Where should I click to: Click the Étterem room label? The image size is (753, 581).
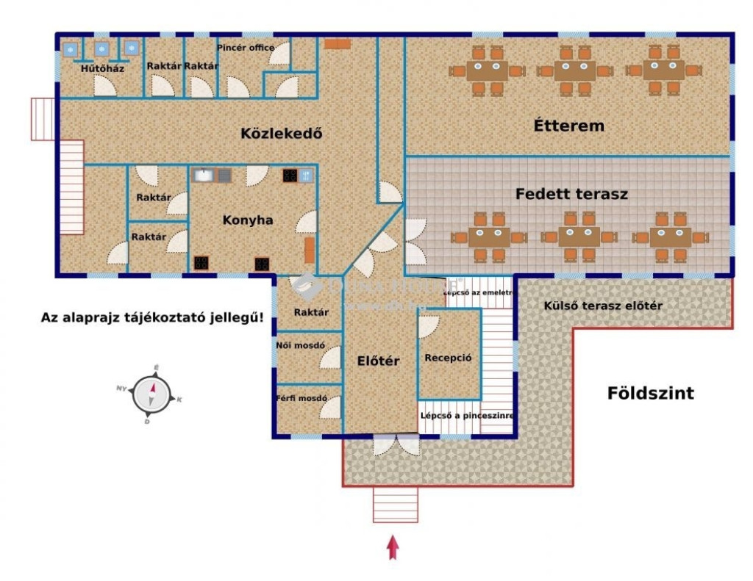point(568,126)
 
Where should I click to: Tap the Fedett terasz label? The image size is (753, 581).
point(571,195)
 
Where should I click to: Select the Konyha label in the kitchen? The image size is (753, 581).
point(248,220)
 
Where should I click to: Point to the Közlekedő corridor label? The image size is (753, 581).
point(282,134)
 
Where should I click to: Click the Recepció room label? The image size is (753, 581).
point(448,358)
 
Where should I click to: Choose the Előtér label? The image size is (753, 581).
point(378,361)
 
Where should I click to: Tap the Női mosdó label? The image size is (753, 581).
point(300,344)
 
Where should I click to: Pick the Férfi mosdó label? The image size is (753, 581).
point(301,398)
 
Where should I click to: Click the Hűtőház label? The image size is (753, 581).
point(102,69)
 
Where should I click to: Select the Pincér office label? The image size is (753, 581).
point(246,48)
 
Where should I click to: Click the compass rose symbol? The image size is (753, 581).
point(152,393)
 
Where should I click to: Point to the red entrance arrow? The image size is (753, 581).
point(393,547)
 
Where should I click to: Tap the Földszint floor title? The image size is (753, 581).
point(650,393)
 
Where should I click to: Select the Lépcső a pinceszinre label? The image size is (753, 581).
point(466,415)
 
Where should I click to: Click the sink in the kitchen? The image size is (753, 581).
point(203,175)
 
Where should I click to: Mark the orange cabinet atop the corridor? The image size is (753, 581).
point(338,44)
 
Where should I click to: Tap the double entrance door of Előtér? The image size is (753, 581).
point(396,444)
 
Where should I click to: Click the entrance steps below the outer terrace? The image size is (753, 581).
point(396,505)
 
